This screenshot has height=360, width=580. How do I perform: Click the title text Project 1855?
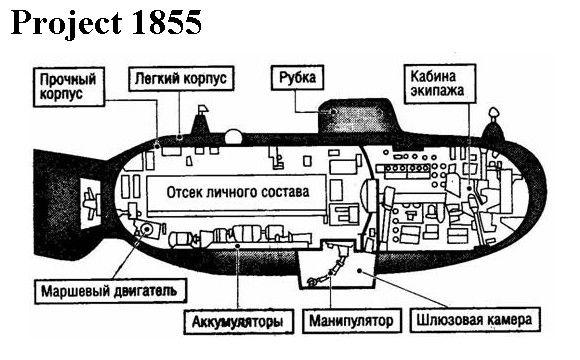(107, 23)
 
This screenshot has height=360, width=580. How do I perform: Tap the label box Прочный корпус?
(69, 87)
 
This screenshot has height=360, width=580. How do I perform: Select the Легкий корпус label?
(181, 78)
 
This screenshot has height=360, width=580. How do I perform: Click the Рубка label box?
(297, 78)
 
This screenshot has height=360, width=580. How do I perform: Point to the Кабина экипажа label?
(439, 84)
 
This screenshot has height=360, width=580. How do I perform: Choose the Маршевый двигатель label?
(111, 291)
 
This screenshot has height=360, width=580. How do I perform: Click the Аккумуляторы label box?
(239, 321)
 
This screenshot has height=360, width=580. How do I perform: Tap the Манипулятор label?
(352, 320)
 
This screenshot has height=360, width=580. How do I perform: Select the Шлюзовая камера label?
(475, 319)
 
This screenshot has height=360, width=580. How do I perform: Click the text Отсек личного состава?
(238, 192)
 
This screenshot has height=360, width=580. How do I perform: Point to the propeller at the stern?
(91, 202)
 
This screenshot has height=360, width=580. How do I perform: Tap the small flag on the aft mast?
(203, 109)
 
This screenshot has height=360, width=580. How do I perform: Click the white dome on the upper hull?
(233, 137)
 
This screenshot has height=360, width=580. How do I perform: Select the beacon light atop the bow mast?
(493, 113)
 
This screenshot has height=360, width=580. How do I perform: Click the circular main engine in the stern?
(147, 229)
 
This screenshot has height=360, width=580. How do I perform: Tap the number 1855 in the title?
(166, 23)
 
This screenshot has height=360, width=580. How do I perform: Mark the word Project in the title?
(67, 24)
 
